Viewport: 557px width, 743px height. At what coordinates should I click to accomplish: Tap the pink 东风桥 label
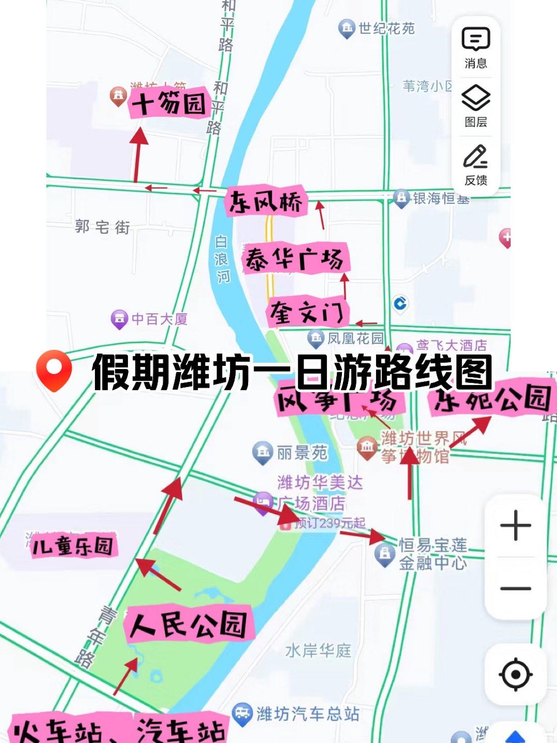coord(266,201)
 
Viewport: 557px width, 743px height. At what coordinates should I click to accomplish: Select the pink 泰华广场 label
coord(295,258)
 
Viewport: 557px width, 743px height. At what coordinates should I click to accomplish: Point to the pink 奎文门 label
coord(307,312)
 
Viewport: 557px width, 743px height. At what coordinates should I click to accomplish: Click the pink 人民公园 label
coord(189,624)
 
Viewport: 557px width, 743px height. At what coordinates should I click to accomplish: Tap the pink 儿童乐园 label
coord(73,546)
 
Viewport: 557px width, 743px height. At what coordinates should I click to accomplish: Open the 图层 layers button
coord(476,106)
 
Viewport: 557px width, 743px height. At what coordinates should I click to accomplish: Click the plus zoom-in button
coord(515,526)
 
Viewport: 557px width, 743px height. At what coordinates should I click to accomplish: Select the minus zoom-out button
coord(515,588)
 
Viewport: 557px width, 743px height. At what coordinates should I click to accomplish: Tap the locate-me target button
coord(515,674)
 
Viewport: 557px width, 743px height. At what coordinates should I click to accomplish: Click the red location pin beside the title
coord(54,369)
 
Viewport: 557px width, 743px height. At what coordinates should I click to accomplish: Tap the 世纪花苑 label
coord(386,28)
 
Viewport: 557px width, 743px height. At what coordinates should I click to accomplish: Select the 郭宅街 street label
coord(102,227)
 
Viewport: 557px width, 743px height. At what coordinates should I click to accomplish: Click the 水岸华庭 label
coord(318,651)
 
